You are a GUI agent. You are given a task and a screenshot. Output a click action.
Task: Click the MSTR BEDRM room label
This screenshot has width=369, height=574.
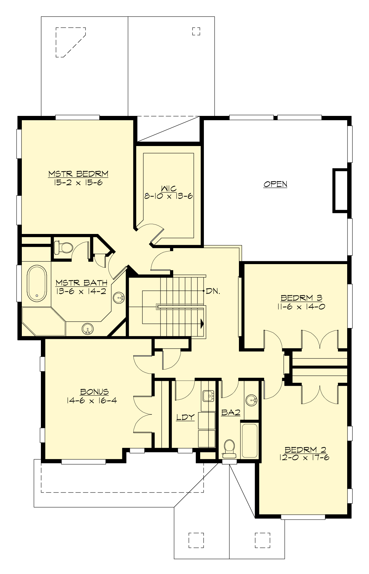78,174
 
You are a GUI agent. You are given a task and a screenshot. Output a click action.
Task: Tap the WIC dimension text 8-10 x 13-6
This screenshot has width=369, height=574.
169,196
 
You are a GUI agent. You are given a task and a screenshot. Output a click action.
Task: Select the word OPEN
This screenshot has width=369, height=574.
275,184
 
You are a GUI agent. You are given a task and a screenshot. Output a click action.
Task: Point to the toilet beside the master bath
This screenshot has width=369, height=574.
63,247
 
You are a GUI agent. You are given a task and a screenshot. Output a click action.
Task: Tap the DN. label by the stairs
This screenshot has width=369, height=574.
213,291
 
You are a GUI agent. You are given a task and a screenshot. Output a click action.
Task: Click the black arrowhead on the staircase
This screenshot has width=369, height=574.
202,323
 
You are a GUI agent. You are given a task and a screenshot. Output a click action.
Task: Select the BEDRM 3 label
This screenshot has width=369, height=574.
301,298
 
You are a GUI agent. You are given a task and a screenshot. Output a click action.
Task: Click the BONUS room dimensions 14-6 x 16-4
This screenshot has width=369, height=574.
92,400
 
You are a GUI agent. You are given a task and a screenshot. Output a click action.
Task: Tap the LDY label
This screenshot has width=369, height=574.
185,417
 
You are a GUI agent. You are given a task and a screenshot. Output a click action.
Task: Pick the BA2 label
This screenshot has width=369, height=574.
231,413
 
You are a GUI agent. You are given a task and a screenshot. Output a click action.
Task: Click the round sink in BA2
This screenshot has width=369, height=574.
252,400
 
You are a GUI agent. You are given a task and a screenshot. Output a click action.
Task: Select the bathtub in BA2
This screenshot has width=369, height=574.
249,441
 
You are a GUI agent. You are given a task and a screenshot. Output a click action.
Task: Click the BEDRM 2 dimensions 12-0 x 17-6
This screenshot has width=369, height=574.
304,457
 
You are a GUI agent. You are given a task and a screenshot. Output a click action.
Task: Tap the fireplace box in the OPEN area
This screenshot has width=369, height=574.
340,190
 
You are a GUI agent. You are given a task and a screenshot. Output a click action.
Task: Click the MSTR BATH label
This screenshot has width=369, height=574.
81,283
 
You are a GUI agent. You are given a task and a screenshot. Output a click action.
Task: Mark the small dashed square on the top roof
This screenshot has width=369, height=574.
196,31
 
